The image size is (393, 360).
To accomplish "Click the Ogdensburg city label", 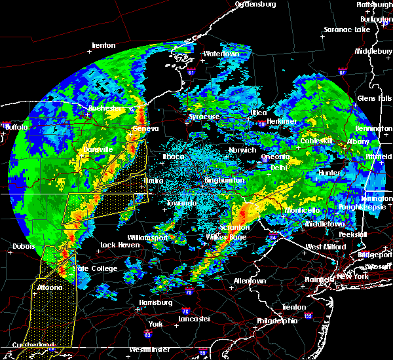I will pos(256,4).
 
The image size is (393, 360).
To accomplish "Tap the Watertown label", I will pos(221,54).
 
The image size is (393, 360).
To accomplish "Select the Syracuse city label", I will pos(204,117).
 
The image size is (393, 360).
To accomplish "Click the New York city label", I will pos(353,278).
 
